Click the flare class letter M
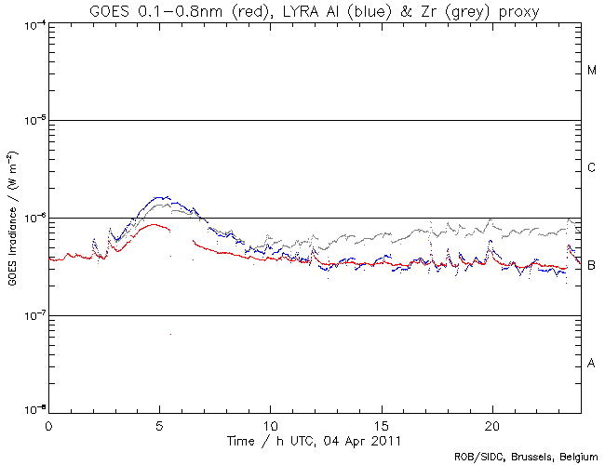point(592,71)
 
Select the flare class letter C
point(592,168)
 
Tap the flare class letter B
point(592,266)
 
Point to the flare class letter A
point(592,363)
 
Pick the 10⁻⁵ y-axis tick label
point(30,121)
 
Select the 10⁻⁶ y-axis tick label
point(30,218)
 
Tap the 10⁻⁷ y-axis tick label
point(30,315)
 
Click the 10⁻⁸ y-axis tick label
point(30,411)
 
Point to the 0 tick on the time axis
point(48,423)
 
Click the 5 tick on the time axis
point(159,423)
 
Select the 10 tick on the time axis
point(270,423)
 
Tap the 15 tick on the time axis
point(381,423)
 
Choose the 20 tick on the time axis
point(491,423)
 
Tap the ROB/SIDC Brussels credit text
point(526,457)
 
